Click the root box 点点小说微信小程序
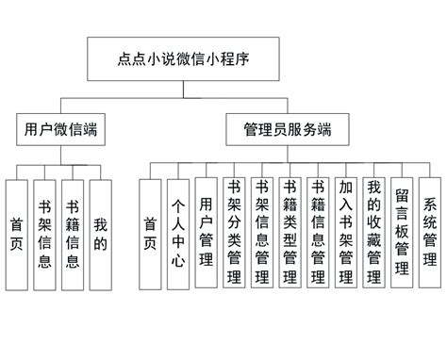click(x=178, y=59)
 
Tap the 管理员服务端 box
click(x=285, y=128)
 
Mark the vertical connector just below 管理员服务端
click(x=285, y=153)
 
